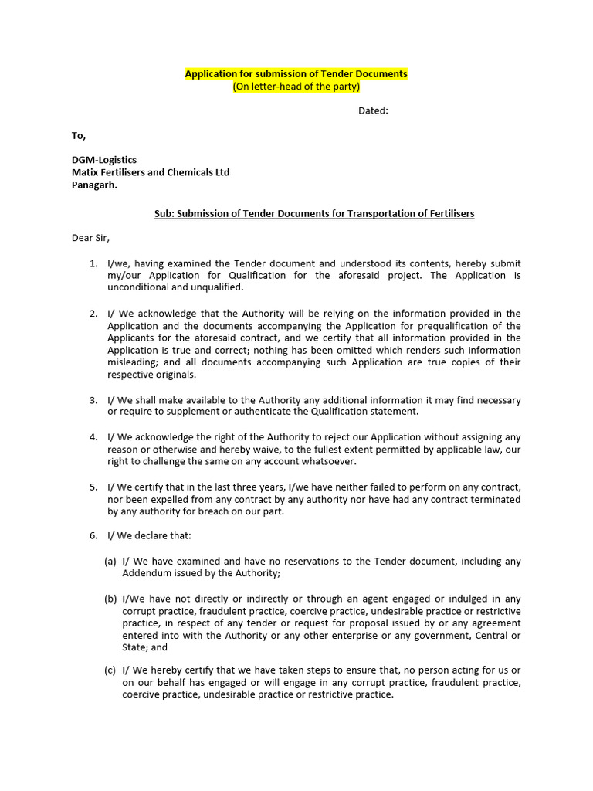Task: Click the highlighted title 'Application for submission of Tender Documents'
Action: (296, 74)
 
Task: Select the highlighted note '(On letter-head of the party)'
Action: (296, 87)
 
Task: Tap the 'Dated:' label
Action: (373, 111)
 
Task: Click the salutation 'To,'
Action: (79, 136)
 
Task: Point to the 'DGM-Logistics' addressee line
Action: (104, 160)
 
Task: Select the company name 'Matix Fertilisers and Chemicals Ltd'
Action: (151, 172)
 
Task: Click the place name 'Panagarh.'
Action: (95, 185)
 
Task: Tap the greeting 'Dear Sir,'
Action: (91, 238)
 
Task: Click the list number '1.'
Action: (93, 263)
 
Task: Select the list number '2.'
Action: (93, 314)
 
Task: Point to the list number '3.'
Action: (93, 400)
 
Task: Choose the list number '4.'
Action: (93, 437)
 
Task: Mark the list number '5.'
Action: (93, 487)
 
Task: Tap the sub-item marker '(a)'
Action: (110, 562)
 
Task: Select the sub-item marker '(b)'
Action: (110, 599)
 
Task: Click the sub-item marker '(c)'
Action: (110, 670)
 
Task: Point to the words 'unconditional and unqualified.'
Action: (175, 287)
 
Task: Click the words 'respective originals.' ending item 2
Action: (152, 375)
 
